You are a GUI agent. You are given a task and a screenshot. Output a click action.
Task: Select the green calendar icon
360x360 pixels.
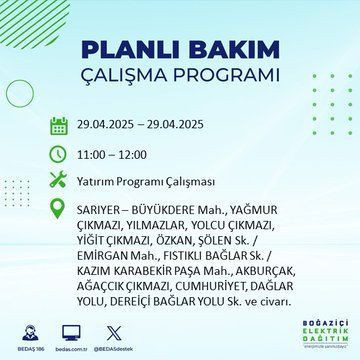click(58, 126)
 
